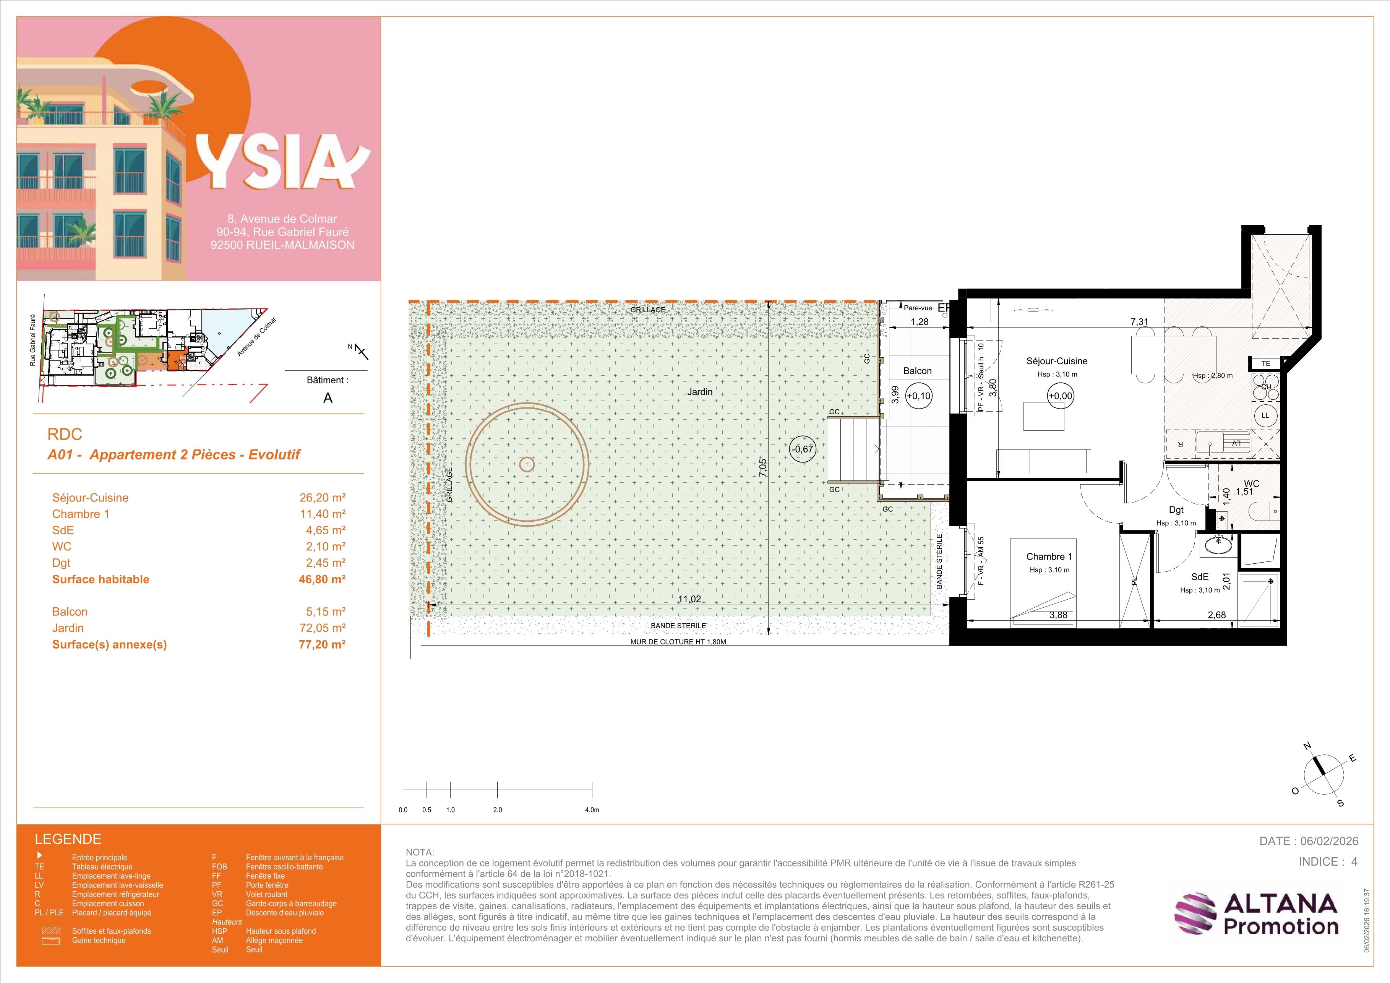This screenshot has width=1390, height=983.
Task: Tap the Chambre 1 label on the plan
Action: tap(1049, 557)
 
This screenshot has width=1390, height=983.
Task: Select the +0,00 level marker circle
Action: tap(1061, 396)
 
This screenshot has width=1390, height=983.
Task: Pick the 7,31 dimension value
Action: tap(1139, 322)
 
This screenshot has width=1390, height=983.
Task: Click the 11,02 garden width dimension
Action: tap(689, 599)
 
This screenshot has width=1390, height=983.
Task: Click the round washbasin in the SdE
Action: tap(1215, 545)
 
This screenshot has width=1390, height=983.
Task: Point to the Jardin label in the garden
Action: tap(700, 392)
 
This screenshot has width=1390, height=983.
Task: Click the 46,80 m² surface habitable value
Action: tap(322, 579)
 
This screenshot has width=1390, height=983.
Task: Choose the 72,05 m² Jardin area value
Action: tap(322, 628)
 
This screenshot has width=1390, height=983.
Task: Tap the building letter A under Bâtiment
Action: tap(328, 398)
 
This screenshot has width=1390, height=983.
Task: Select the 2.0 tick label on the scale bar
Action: tap(498, 810)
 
